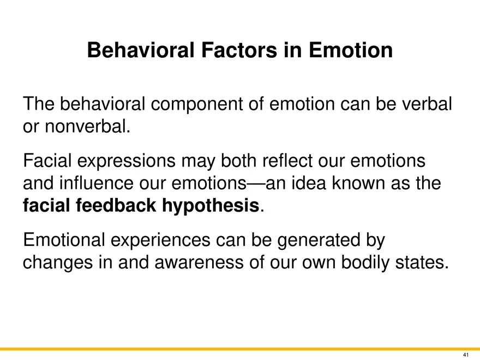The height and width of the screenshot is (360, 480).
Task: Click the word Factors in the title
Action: [x=239, y=50]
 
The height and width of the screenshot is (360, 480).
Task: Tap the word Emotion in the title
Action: [x=351, y=50]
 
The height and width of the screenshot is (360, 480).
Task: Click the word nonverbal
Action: [x=88, y=126]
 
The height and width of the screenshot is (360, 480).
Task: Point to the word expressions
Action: [x=126, y=161]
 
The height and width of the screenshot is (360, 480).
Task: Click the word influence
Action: [x=97, y=183]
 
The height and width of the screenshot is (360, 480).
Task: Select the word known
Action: [x=358, y=183]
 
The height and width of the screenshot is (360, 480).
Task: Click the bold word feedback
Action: [x=116, y=205]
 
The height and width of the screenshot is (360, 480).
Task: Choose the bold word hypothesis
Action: [x=211, y=206]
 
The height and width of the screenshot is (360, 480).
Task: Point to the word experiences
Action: [x=160, y=241]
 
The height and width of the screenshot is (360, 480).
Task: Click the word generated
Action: [x=319, y=241]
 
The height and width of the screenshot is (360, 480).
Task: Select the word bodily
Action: [x=365, y=263]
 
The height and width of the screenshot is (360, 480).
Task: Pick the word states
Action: [x=422, y=263]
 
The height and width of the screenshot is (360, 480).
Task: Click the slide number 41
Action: [x=466, y=355]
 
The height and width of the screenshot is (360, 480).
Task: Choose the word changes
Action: [x=58, y=263]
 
